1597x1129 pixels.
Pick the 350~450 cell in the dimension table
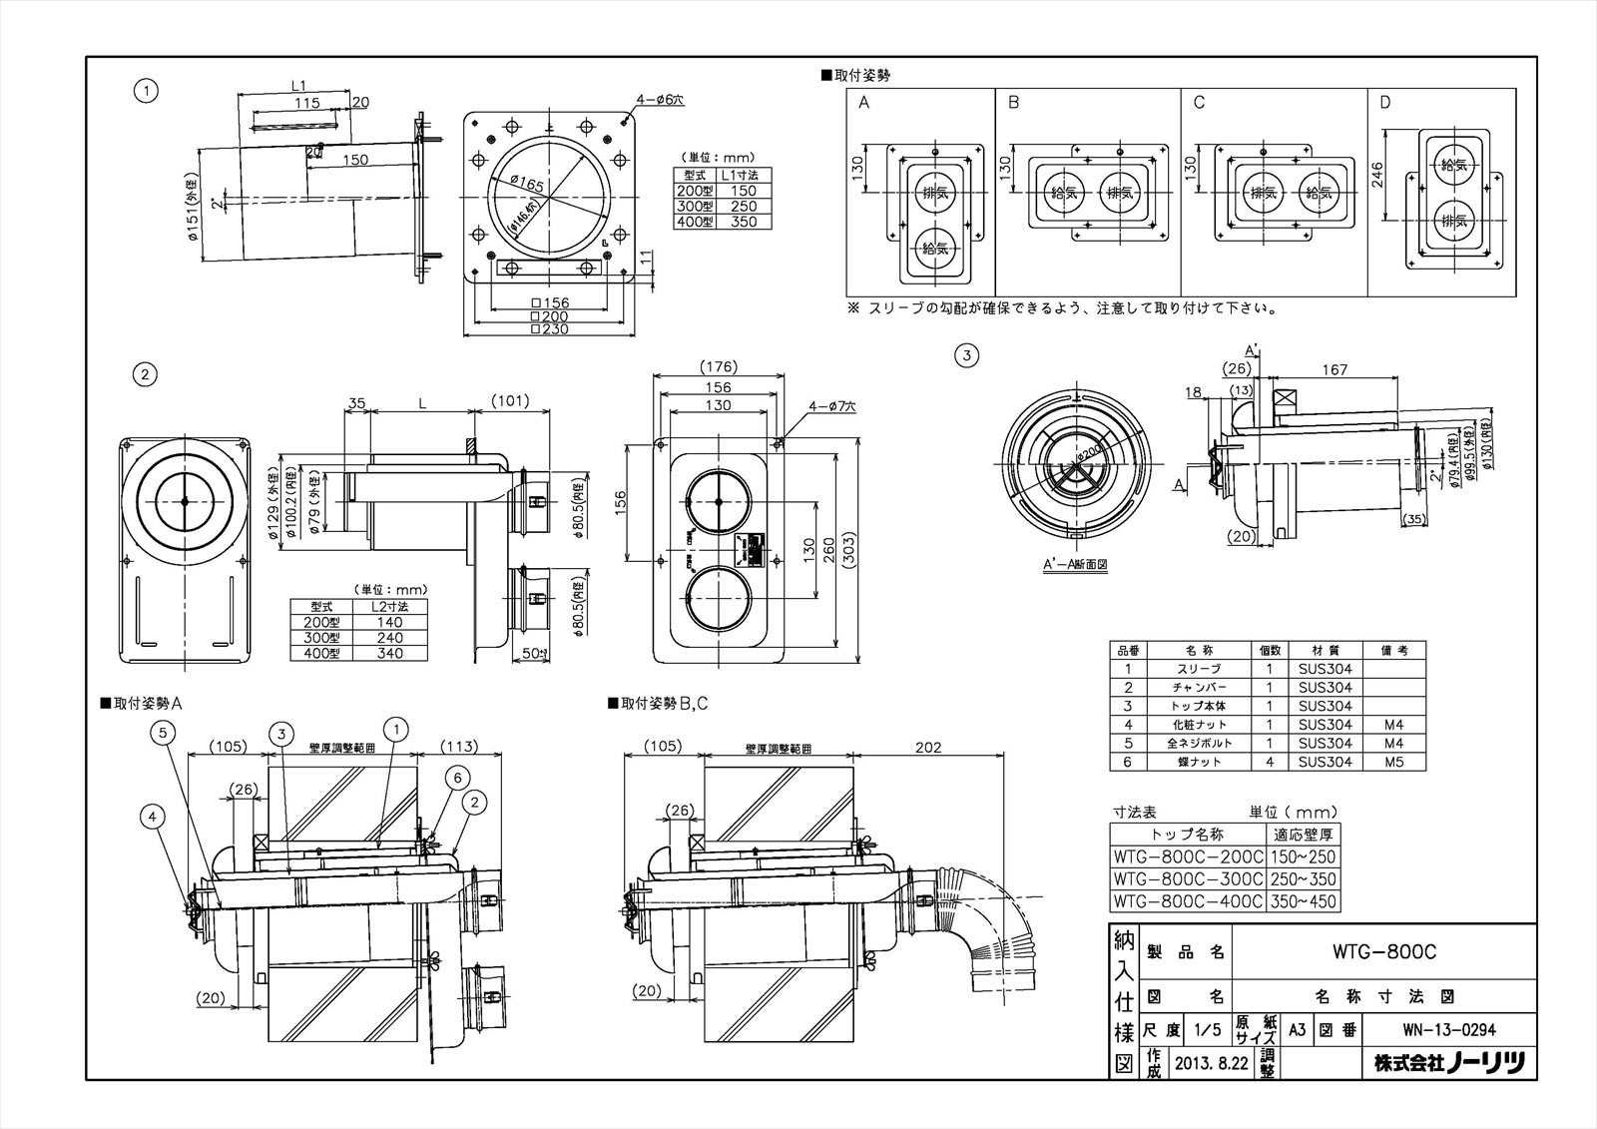click(1303, 902)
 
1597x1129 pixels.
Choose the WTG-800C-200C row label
click(1188, 856)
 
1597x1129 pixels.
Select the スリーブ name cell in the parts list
click(1199, 669)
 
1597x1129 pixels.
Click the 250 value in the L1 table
click(744, 206)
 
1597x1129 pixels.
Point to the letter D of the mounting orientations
click(1384, 103)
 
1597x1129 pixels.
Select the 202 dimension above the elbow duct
click(927, 747)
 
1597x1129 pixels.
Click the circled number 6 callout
click(457, 777)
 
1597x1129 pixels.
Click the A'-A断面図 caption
click(1076, 564)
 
